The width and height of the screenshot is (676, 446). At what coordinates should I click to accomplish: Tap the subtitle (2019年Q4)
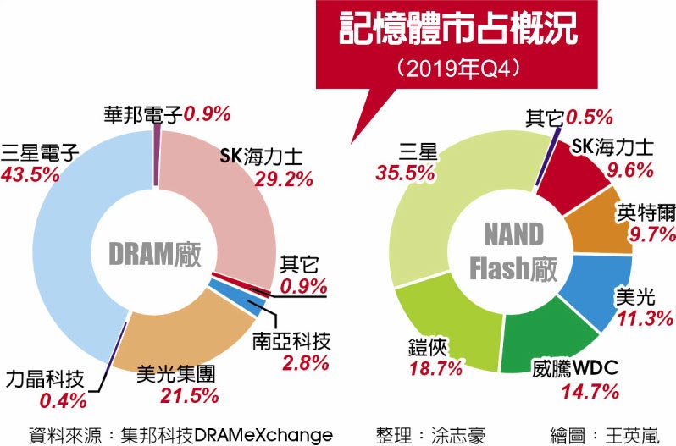[x=457, y=68]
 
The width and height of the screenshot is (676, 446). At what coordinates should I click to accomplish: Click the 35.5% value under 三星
[x=396, y=173]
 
